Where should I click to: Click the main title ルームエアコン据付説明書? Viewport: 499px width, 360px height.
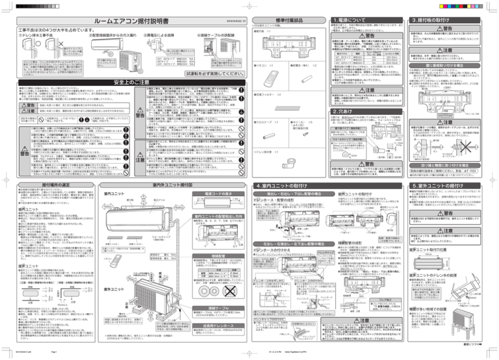click(125, 21)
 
